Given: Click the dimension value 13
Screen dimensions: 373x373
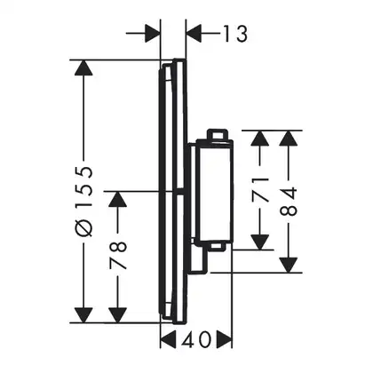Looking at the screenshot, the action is (235, 34).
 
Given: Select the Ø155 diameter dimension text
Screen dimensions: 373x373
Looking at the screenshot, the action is (83, 202).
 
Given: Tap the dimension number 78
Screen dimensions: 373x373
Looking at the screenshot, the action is (118, 256).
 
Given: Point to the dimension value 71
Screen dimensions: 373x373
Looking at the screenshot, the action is (260, 190).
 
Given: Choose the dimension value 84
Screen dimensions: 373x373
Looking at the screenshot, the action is (289, 201).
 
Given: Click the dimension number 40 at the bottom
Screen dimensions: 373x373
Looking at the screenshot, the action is (196, 339).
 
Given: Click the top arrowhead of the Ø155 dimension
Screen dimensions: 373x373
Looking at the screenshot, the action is (83, 67).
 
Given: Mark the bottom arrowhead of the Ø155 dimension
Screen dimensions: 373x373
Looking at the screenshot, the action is (83, 315).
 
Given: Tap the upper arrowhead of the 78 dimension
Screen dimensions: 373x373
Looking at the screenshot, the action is (118, 199).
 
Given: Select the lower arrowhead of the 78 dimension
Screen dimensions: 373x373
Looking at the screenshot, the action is (118, 315).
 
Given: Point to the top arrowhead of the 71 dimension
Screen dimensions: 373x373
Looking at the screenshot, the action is (260, 138).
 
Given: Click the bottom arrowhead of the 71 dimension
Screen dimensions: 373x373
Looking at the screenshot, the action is (260, 242).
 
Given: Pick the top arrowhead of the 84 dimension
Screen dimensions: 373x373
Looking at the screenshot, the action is (289, 138).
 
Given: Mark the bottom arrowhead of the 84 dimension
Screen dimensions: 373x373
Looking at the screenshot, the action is (289, 265).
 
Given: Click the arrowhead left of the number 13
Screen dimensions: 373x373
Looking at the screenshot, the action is (194, 34).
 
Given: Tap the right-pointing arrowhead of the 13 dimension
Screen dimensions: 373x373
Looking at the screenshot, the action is (152, 34).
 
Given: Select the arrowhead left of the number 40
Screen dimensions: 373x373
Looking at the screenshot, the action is (168, 339).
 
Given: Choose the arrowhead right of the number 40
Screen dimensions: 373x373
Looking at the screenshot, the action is (225, 339).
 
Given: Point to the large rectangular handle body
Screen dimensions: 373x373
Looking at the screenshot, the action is (214, 192).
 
